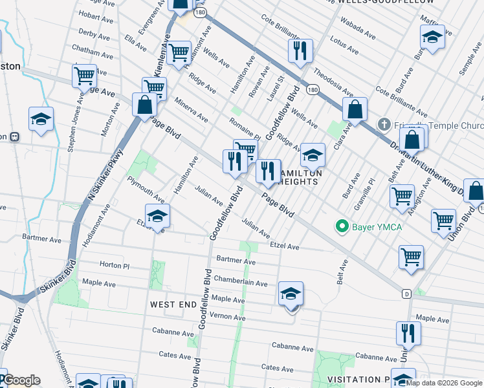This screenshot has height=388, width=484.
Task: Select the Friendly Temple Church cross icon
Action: [384, 124]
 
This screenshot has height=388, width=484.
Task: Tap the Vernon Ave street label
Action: [227, 318]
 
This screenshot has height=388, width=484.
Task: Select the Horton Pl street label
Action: [115, 265]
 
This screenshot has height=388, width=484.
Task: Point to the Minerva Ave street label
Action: [190, 111]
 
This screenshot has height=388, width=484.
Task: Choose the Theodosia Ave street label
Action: [329, 81]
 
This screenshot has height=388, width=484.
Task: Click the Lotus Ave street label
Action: [344, 45]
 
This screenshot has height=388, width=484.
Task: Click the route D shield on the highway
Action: [406, 293]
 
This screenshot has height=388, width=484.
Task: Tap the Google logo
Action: [22, 380]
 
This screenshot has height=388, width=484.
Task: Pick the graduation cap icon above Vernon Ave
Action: [291, 294]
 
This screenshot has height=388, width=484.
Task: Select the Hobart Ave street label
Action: [95, 16]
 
